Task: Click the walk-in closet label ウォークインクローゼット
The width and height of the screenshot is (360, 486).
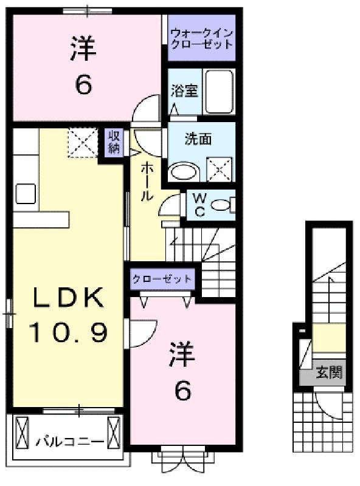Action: tap(202, 39)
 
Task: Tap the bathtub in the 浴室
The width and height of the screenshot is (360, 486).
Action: tap(220, 92)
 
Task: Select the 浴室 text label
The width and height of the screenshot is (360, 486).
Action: tap(184, 91)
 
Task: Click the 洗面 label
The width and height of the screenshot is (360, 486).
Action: tap(198, 139)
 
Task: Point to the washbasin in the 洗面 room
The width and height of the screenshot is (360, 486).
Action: tap(184, 173)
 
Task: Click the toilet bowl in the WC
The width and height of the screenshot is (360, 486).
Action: tap(220, 205)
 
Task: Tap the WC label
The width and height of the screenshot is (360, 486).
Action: tap(199, 205)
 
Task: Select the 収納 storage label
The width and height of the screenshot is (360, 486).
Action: tap(114, 143)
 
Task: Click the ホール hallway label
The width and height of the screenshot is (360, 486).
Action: tap(147, 183)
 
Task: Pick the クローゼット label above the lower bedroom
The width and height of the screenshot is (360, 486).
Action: tap(162, 279)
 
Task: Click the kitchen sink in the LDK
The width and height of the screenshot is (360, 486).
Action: tap(26, 194)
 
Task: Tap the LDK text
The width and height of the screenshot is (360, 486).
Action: tap(68, 298)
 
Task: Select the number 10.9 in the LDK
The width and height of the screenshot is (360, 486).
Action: tap(68, 332)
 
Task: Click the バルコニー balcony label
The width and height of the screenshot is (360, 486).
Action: tap(70, 441)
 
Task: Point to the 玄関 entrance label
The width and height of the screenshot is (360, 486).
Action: tap(329, 372)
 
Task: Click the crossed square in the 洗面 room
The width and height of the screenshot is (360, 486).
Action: tap(220, 169)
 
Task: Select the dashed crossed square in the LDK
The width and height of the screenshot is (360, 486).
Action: tap(83, 143)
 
